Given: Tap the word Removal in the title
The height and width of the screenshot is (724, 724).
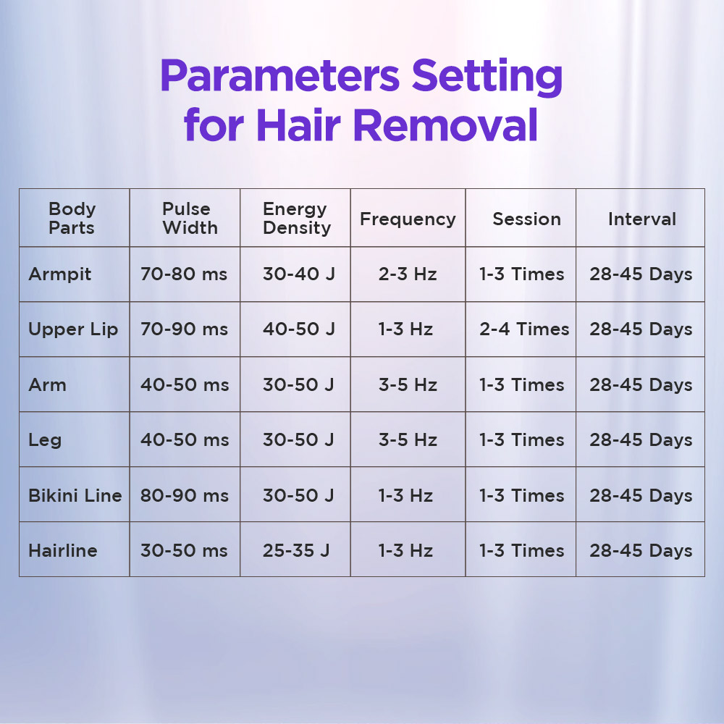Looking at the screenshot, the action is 445,125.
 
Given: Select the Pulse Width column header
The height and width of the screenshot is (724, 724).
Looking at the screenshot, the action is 189,219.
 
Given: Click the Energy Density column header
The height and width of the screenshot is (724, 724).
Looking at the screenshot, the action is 296,219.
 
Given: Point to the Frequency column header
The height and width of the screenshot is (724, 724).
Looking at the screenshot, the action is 408,219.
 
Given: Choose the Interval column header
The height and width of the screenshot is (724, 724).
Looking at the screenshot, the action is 641,219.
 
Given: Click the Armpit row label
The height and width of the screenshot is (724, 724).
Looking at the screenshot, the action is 60,274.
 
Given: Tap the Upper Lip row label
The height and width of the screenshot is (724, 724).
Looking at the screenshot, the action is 73,329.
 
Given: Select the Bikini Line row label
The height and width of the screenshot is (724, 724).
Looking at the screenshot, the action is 75,495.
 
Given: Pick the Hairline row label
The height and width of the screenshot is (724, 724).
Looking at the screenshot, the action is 63,550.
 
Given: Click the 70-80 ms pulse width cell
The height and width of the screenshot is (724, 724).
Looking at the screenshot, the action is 184,274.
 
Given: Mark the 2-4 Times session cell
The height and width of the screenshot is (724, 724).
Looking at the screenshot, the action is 524,329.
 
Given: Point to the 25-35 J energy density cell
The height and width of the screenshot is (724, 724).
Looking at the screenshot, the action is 296,550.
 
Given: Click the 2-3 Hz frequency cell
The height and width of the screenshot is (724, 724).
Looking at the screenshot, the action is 408,274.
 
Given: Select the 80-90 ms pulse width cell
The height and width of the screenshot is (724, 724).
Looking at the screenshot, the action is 185,495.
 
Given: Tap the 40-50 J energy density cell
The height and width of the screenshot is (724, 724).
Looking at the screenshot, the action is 299,329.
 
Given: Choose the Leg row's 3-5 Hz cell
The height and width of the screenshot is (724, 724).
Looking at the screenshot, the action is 408,439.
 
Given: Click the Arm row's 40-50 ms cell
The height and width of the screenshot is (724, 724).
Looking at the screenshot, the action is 185,384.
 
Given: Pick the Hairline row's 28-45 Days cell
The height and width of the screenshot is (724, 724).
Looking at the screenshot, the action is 641,550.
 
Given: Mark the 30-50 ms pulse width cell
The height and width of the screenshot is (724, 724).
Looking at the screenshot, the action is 184,550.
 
